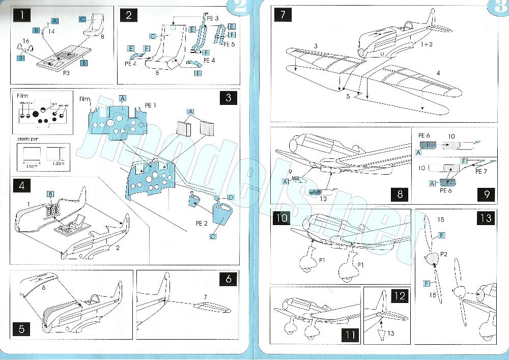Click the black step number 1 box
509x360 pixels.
[22, 15]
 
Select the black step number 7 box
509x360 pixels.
[282, 15]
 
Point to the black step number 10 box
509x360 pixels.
[281, 218]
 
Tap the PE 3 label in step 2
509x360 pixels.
[213, 18]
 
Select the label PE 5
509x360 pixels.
[229, 44]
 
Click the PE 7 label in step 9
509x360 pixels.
[482, 172]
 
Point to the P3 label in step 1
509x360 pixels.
[67, 72]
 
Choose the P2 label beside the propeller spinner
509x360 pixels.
[444, 253]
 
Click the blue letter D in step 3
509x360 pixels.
[230, 197]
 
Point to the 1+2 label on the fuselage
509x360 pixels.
[427, 45]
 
